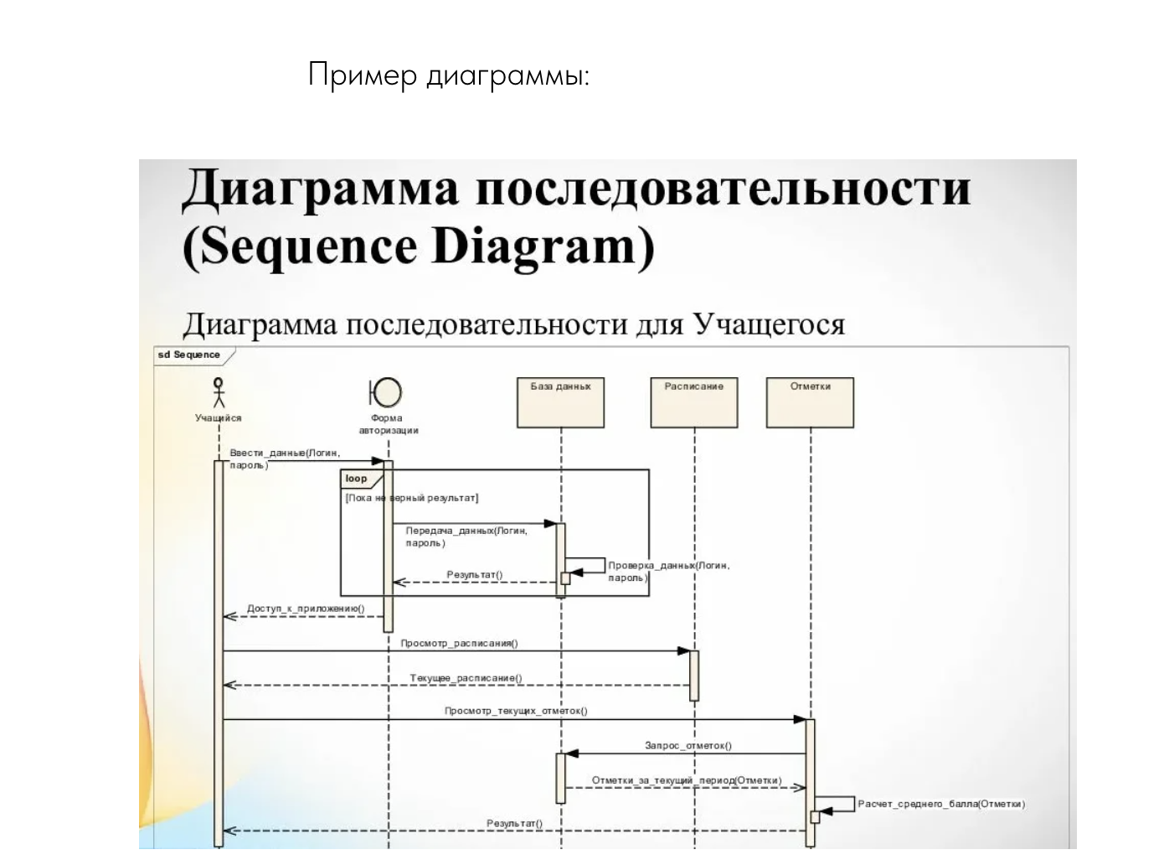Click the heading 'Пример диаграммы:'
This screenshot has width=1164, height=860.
click(x=449, y=75)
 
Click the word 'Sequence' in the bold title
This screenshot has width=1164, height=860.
click(x=309, y=247)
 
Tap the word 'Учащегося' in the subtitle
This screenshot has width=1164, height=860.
click(x=769, y=324)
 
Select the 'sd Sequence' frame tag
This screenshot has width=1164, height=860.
click(x=189, y=355)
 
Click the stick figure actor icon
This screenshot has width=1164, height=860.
click(x=219, y=392)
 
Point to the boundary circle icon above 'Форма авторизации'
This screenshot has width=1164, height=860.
click(x=386, y=391)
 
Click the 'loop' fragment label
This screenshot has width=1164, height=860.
click(x=357, y=479)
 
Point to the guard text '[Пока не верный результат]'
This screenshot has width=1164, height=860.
click(x=411, y=498)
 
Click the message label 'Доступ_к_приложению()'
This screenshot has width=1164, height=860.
click(x=306, y=609)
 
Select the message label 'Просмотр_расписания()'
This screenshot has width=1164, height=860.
click(x=459, y=644)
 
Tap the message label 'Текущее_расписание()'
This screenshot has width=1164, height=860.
click(x=466, y=678)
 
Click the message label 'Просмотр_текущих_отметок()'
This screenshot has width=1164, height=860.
click(x=516, y=711)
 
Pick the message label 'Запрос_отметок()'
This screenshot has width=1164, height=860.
click(x=688, y=745)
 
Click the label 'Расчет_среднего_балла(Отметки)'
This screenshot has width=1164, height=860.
click(x=941, y=804)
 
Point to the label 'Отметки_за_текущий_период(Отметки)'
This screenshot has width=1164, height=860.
click(x=687, y=780)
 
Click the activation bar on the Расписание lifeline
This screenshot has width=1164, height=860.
click(x=694, y=675)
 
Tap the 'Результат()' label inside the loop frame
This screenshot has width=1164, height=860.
click(x=475, y=575)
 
